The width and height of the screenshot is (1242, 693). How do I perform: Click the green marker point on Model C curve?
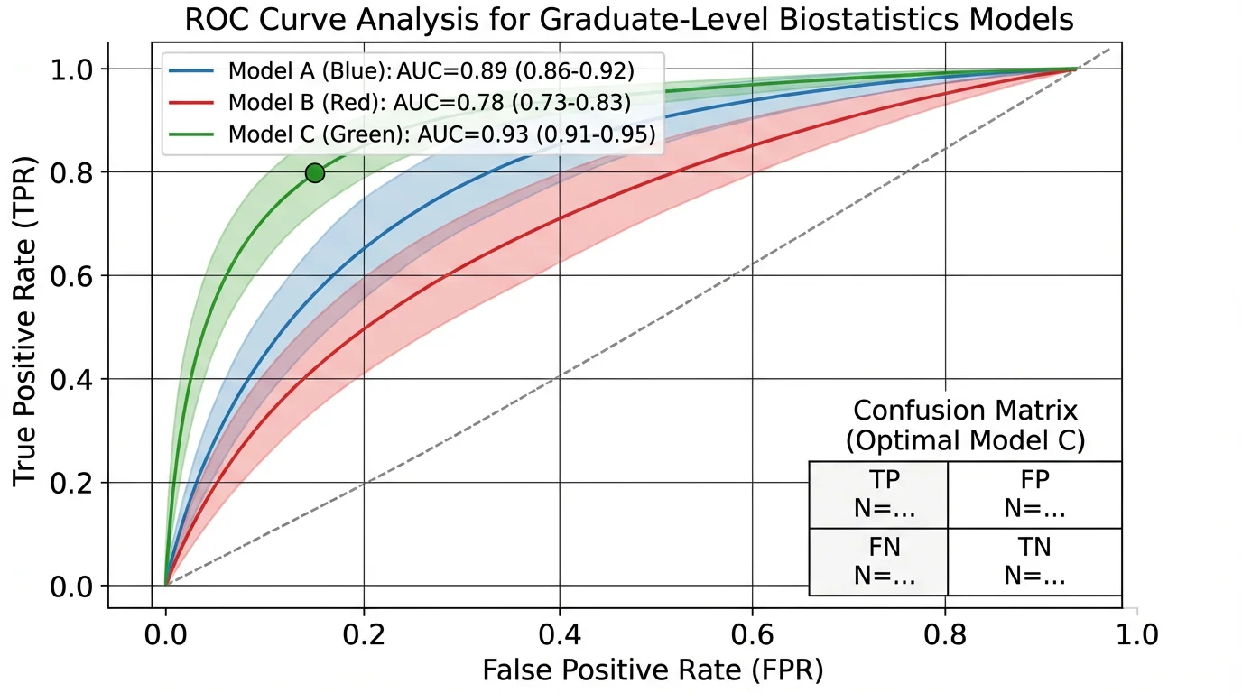(314, 173)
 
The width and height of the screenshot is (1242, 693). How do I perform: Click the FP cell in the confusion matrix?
(1034, 494)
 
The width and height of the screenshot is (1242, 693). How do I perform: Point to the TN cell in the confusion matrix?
(1034, 561)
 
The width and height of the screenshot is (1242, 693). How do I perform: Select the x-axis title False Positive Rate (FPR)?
(653, 670)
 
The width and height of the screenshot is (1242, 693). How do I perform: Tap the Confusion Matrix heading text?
(965, 411)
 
